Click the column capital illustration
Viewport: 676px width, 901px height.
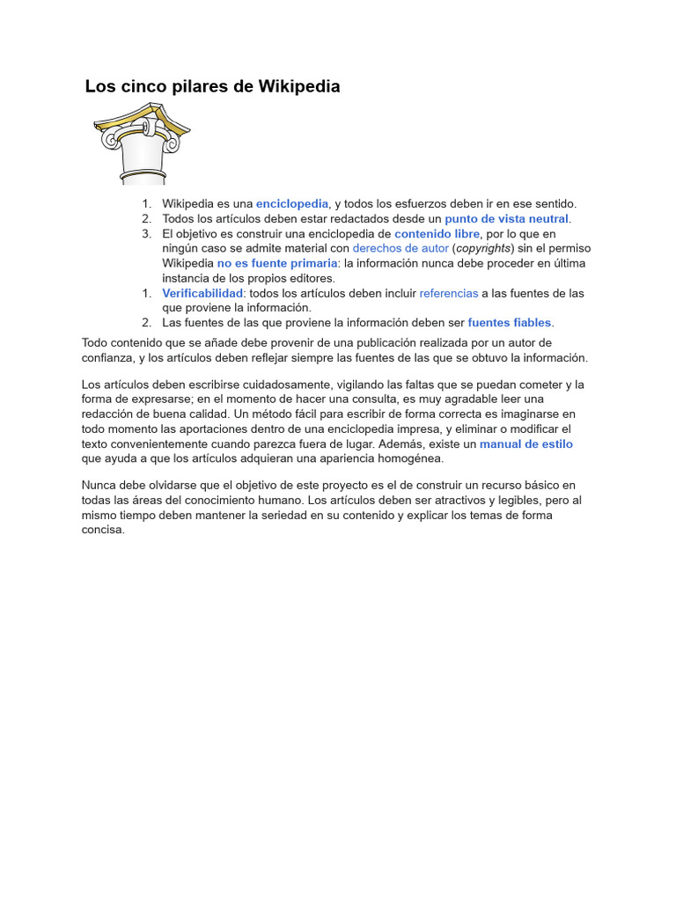point(141,143)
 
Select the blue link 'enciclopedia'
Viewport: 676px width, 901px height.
point(292,203)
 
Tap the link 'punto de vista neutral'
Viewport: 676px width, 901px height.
point(507,218)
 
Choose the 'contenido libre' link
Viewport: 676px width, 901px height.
point(437,233)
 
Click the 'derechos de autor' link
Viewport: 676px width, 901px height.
point(400,248)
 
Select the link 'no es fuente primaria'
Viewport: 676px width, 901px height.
point(277,263)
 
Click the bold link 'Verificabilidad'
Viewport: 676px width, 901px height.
point(202,293)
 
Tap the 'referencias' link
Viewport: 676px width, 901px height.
point(449,293)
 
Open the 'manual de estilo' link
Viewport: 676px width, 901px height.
point(526,443)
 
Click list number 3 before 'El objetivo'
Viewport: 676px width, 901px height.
point(146,233)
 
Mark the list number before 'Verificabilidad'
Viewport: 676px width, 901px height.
point(146,293)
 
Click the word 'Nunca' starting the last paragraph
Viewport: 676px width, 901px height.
point(99,485)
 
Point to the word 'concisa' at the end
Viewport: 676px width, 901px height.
point(102,530)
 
